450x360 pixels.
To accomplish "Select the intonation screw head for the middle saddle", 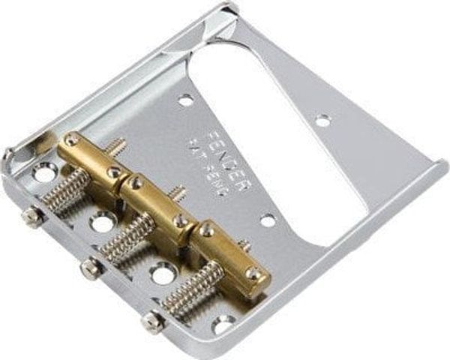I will [88, 267].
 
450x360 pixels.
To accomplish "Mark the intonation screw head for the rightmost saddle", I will [153, 322].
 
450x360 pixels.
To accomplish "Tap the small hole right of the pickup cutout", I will [322, 120].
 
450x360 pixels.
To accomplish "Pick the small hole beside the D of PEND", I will [267, 220].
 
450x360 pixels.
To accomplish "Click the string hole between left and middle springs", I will [102, 223].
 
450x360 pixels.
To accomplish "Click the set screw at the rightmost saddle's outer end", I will [256, 274].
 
